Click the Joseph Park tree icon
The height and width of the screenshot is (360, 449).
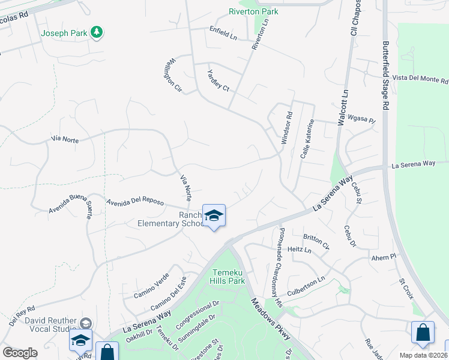(x=96, y=33)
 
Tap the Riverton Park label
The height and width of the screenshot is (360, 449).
(x=253, y=11)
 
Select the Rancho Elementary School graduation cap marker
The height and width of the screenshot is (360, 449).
(x=213, y=216)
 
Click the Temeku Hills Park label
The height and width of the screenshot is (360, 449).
(x=228, y=276)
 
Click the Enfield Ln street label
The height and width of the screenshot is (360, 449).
(x=223, y=33)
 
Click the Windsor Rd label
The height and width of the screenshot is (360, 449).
(x=287, y=127)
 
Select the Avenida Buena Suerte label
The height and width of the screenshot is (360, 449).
(x=71, y=207)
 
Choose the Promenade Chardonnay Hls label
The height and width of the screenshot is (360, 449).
(x=279, y=268)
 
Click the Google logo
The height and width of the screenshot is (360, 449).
(x=20, y=353)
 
